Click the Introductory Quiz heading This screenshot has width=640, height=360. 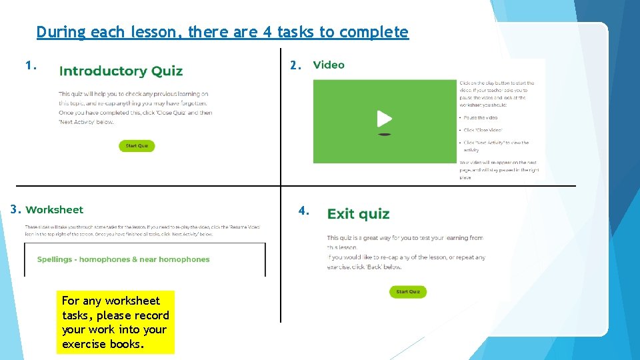pyautogui.click(x=121, y=71)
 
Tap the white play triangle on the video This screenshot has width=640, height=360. pyautogui.click(x=384, y=119)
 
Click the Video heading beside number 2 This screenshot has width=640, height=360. pyautogui.click(x=329, y=65)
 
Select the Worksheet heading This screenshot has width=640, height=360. pyautogui.click(x=55, y=210)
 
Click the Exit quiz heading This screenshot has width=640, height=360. pyautogui.click(x=358, y=214)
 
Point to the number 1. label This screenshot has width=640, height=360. pyautogui.click(x=30, y=65)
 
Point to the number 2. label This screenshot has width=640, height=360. pyautogui.click(x=296, y=65)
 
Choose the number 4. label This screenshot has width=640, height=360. pyautogui.click(x=303, y=211)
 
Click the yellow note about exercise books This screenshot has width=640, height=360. pyautogui.click(x=115, y=322)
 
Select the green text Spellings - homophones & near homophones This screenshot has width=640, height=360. pyautogui.click(x=123, y=259)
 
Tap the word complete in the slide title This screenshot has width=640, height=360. pyautogui.click(x=374, y=32)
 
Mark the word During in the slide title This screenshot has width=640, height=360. pyautogui.click(x=61, y=32)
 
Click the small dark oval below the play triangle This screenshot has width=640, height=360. pyautogui.click(x=384, y=135)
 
